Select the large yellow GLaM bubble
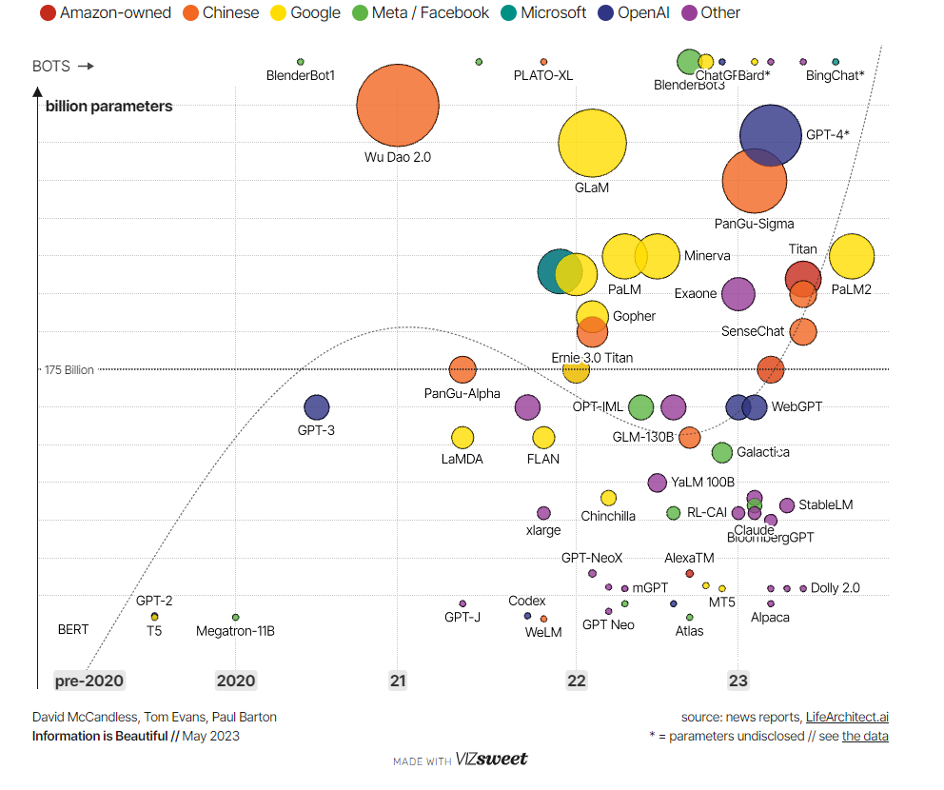(592, 144)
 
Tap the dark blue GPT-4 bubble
(771, 135)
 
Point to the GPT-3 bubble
(316, 407)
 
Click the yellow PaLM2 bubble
(852, 256)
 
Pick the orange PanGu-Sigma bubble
(755, 181)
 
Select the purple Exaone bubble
(737, 294)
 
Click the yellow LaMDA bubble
(462, 438)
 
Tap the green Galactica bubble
(722, 452)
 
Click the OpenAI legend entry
(639, 13)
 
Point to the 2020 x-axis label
(236, 681)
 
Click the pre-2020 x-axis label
(89, 681)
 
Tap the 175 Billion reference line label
(69, 369)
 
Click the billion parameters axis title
(109, 107)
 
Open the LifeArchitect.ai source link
(847, 717)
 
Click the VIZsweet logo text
(491, 760)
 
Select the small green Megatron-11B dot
(236, 618)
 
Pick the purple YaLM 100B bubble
(658, 483)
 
